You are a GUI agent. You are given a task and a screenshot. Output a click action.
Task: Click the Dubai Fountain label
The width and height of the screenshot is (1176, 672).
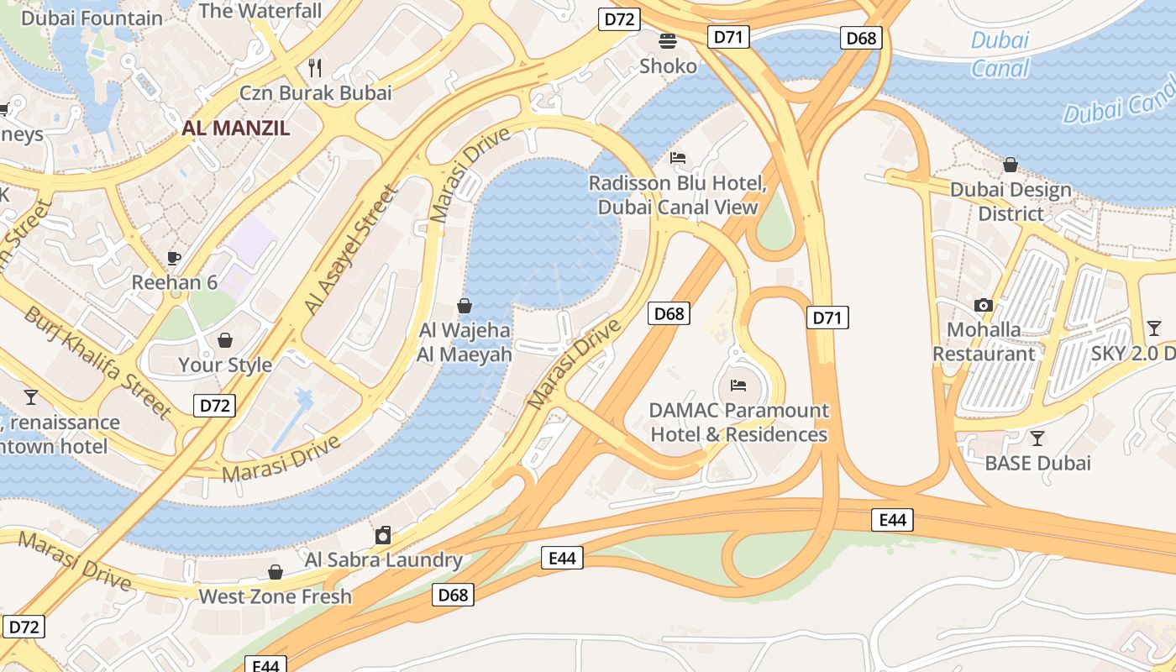pos(92,18)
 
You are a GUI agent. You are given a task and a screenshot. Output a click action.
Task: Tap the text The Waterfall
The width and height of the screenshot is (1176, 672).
pos(260,11)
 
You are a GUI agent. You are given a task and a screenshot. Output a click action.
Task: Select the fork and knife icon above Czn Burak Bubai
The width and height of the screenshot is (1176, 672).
pos(316,67)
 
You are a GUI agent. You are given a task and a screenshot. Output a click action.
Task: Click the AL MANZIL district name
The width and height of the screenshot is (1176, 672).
pos(236,129)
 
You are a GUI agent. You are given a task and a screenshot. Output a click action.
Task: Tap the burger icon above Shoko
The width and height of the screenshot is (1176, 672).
pos(668,40)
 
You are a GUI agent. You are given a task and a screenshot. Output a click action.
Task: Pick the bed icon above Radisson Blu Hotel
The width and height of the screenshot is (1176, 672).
pos(678,158)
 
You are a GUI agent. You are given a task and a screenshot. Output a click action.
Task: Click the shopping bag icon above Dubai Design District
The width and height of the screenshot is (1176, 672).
pos(1011,165)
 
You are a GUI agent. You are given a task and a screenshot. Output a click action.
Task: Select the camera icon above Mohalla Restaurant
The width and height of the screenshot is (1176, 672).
pos(984,305)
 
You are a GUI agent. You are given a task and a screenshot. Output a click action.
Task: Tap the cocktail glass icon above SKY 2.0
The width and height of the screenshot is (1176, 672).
pos(1154,328)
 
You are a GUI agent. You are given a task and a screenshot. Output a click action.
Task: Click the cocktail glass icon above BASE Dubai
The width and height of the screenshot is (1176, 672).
pos(1037,438)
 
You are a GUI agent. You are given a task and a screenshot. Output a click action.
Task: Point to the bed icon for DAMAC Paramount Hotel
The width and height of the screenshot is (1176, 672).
pos(738,386)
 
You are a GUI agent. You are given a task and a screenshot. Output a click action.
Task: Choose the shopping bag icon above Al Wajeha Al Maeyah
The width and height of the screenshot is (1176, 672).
pos(464,306)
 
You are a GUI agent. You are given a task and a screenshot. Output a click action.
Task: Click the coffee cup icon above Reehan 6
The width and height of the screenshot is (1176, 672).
pos(174,258)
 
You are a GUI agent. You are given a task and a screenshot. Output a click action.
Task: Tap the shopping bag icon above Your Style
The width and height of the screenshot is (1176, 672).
pos(225,340)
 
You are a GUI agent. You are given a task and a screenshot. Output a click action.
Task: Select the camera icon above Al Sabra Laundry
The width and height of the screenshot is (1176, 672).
pos(383,535)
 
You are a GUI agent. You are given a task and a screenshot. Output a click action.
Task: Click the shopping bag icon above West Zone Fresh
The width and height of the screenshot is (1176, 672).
pos(275,572)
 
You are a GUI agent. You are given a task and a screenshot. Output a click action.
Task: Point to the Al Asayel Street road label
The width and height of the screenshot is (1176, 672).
pos(351,250)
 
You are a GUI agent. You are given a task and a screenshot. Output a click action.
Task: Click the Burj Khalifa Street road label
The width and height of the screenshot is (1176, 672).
pos(97,362)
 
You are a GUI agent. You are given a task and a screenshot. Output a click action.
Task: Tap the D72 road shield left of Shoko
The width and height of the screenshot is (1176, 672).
pos(619,19)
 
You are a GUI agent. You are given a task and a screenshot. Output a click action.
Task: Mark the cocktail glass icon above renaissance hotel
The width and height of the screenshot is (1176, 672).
pos(31,396)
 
